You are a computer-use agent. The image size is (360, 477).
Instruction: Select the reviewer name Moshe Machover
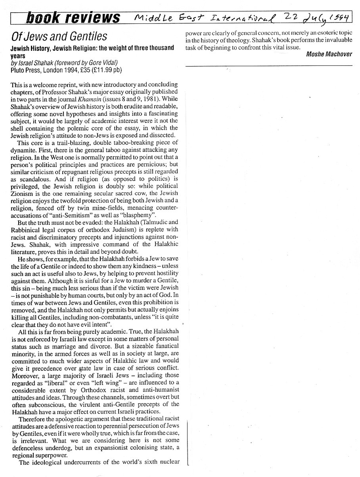329,54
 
